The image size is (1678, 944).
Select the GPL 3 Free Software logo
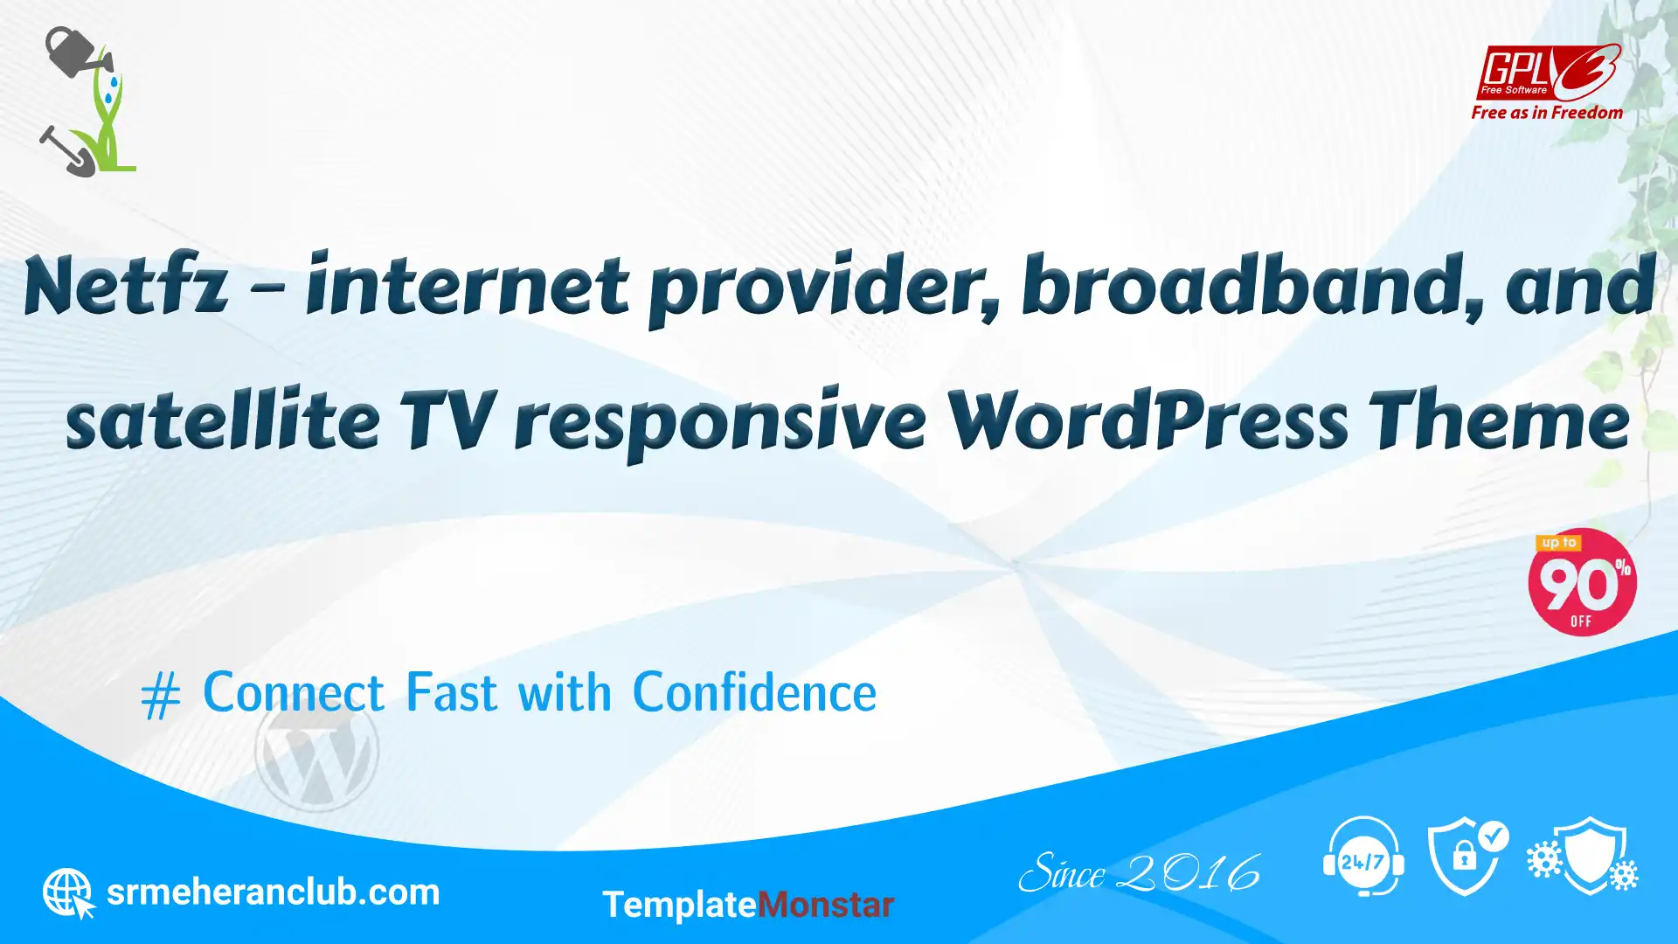click(x=1548, y=72)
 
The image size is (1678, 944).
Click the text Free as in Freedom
click(x=1547, y=113)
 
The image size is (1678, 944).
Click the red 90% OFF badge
click(x=1582, y=582)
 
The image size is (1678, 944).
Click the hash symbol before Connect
click(x=161, y=697)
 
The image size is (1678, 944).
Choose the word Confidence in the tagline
click(x=754, y=693)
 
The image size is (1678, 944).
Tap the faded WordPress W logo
click(x=316, y=752)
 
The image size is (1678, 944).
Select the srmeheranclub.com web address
click(x=273, y=892)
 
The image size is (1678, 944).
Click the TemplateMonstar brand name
click(x=748, y=905)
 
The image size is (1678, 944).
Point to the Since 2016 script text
click(x=1140, y=872)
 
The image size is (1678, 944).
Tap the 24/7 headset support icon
click(x=1363, y=857)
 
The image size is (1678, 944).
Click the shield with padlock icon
click(x=1467, y=857)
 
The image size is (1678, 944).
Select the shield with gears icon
click(x=1583, y=857)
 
